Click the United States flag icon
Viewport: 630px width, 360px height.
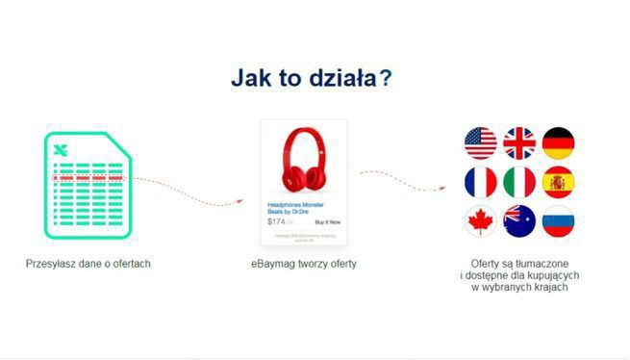coord(480,143)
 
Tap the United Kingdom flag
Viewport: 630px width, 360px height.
coord(519,143)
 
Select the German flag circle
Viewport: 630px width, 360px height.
coord(558,143)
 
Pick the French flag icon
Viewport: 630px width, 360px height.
coord(480,182)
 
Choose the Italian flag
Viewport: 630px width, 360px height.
coord(519,182)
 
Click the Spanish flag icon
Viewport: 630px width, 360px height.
coord(558,182)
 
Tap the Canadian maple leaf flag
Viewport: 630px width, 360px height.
coord(480,221)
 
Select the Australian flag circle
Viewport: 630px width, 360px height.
coord(519,221)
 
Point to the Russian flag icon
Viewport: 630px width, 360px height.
coord(558,221)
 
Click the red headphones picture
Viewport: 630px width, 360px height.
coord(303,161)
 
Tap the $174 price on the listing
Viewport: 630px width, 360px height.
coord(276,221)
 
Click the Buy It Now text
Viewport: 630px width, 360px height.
coord(327,221)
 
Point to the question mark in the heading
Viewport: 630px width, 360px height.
coord(387,78)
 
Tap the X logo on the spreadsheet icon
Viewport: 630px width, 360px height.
coord(60,149)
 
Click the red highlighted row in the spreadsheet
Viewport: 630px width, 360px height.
coord(88,178)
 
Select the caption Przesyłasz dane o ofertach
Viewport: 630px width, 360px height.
coord(88,263)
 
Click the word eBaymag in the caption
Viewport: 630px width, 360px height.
coord(270,263)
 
